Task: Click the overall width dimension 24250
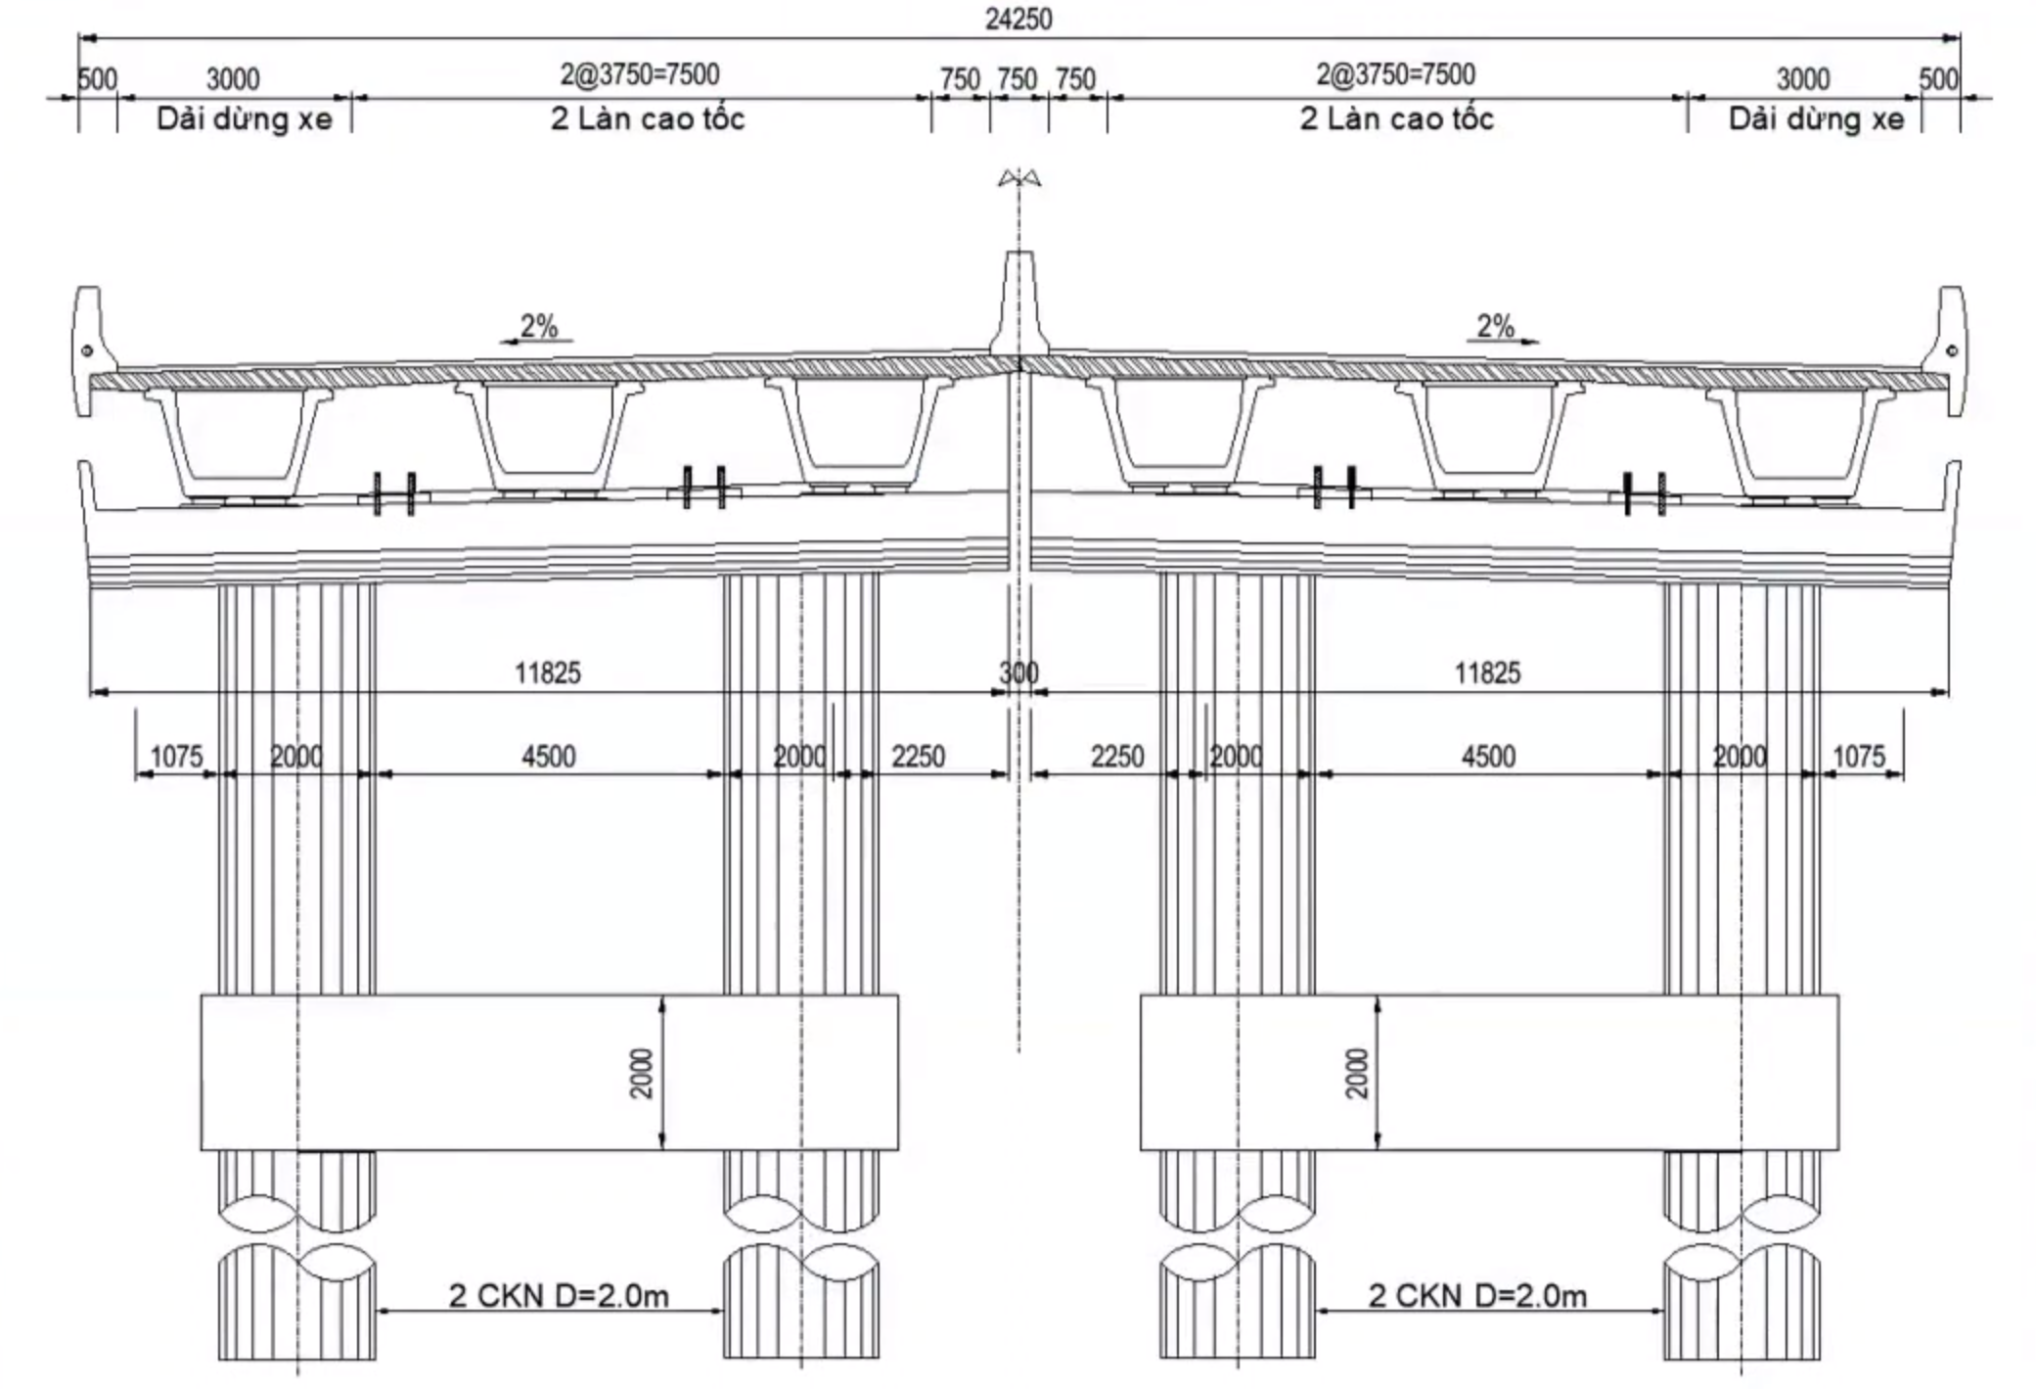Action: pos(1018,20)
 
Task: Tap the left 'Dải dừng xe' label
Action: pos(245,119)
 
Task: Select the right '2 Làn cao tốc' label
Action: pos(1396,118)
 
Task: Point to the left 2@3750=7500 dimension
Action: pos(640,74)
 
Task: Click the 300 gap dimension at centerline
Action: pos(1018,672)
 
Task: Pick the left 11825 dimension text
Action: pos(548,672)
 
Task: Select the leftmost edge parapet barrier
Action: pos(90,350)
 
